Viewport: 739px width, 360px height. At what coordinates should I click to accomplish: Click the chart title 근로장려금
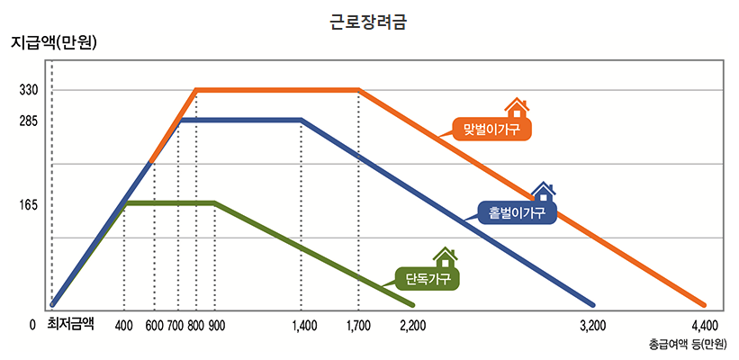(x=369, y=20)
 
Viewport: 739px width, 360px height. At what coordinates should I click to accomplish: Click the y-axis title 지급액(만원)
(x=53, y=42)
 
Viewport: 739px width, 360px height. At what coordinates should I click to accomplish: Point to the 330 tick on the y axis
(x=27, y=90)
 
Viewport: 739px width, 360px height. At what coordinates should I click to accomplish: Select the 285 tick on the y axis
(x=27, y=121)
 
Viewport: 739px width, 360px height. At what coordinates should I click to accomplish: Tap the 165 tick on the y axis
(x=27, y=204)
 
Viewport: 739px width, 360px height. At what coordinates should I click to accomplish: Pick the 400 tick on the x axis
(x=124, y=325)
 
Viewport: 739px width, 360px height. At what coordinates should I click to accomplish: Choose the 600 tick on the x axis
(x=154, y=325)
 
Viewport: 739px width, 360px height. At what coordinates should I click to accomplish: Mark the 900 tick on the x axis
(x=216, y=325)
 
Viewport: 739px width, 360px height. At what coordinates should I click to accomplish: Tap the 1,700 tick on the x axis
(x=358, y=325)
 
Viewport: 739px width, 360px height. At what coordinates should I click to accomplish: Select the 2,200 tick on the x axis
(x=412, y=325)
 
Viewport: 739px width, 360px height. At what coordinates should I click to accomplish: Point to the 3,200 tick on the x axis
(x=592, y=325)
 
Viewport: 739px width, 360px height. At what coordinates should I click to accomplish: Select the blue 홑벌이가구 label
(x=517, y=213)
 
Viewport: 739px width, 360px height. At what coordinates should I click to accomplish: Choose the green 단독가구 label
(x=428, y=278)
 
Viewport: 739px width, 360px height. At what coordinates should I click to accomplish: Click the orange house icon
(x=517, y=108)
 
